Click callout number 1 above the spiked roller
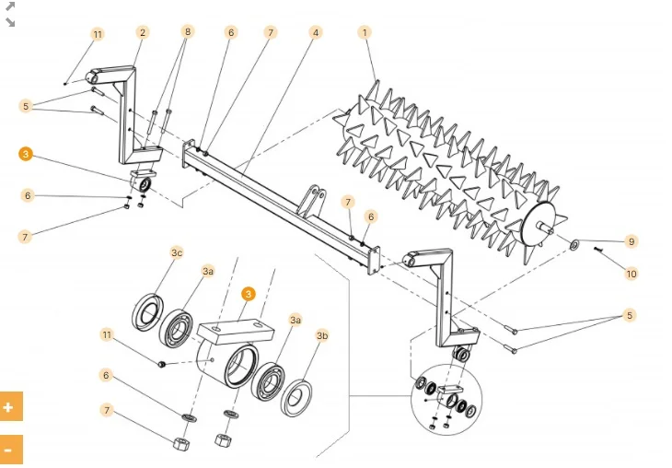coord(365,32)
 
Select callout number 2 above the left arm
coord(142,32)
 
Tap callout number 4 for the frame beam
coord(316,32)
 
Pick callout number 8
coord(188,31)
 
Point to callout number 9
coord(631,241)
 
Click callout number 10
coord(631,273)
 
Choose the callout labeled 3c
coord(177,252)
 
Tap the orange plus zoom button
coord(11,406)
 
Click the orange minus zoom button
coord(11,450)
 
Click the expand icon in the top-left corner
coord(10,13)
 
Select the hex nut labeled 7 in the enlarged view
coord(181,444)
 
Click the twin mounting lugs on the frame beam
coord(314,199)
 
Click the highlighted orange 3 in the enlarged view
coord(248,294)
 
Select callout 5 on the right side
coord(630,316)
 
